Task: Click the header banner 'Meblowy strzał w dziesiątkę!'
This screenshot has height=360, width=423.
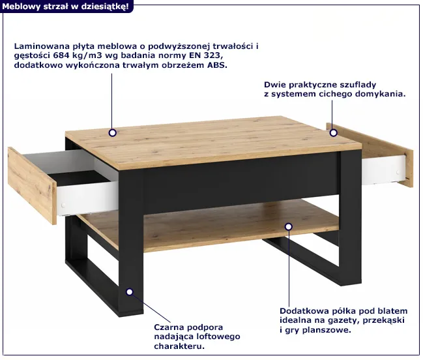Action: pos(66,7)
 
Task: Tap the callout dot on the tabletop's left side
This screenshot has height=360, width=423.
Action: pos(113,133)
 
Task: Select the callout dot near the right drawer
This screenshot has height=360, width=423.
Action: pos(334,133)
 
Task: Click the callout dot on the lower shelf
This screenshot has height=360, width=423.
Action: pos(289,227)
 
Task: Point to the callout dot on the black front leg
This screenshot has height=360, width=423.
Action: pos(130,292)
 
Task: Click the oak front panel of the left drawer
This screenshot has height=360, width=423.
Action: pos(32,185)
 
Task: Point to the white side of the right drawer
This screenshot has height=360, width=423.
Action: pos(384,170)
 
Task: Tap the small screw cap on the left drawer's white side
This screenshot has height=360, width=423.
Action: pos(63,205)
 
